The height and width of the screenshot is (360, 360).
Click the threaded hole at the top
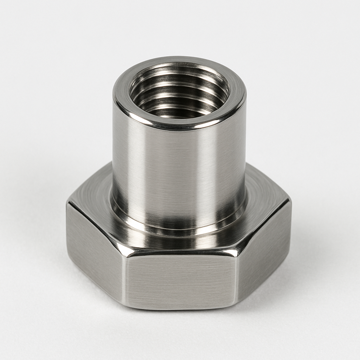(179, 93)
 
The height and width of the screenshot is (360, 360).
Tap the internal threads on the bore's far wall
(179, 79)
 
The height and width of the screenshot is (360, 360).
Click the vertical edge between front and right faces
(237, 278)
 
